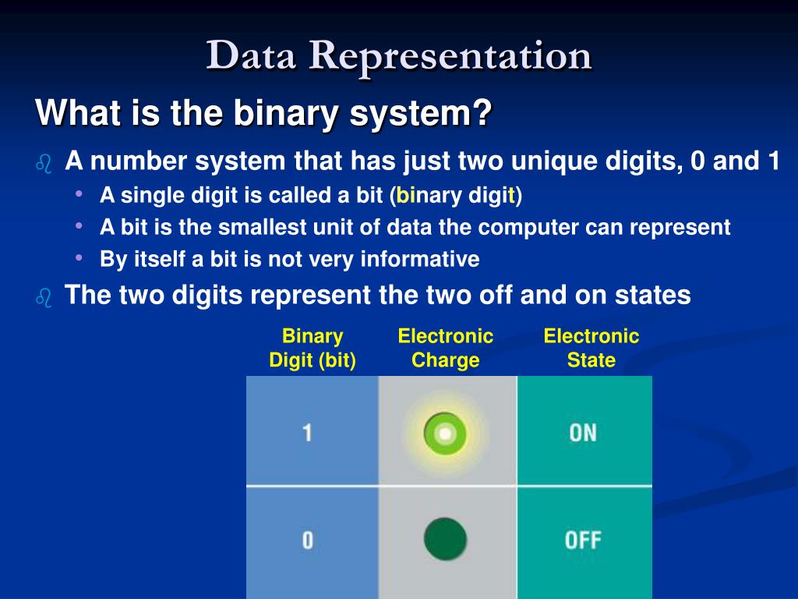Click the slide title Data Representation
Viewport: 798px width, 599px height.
[398, 56]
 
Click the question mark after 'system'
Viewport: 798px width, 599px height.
[482, 112]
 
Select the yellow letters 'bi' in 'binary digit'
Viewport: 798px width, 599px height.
[405, 195]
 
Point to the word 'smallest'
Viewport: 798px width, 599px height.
[263, 227]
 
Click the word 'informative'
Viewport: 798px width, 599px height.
[420, 259]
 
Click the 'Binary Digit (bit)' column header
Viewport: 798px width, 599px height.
[312, 349]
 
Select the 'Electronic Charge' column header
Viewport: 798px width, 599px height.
[445, 349]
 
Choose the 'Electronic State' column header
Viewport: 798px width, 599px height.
[591, 349]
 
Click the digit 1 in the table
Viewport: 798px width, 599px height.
[307, 433]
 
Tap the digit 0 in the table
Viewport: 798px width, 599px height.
[307, 540]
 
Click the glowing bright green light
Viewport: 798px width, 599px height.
[445, 434]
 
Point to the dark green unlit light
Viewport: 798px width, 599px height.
[445, 539]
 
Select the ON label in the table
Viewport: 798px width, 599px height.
[583, 433]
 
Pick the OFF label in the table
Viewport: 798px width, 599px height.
[583, 541]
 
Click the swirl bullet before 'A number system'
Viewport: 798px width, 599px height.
[44, 164]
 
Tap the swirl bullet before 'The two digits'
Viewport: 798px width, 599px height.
[44, 298]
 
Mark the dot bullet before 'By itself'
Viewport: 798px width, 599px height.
[79, 257]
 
